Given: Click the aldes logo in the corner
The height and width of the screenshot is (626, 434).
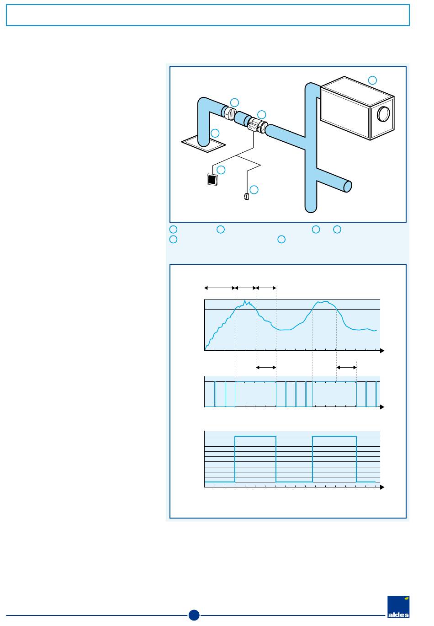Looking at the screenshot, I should (x=398, y=607).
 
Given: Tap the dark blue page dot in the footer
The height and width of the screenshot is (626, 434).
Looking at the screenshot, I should (x=194, y=615).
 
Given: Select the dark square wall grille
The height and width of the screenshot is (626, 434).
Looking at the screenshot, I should (x=211, y=179).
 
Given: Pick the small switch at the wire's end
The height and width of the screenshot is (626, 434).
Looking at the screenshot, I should (x=246, y=197).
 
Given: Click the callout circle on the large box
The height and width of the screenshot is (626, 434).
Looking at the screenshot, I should (x=373, y=80).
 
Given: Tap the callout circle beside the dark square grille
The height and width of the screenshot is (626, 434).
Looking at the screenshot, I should (x=222, y=170).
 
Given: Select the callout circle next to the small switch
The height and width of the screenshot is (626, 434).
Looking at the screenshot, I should (x=254, y=190).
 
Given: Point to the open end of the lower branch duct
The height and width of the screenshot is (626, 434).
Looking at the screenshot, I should (x=348, y=186).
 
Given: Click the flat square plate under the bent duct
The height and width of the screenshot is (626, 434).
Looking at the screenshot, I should (x=203, y=144).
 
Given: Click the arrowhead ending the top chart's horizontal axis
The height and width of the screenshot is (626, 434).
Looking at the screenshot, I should (x=382, y=351).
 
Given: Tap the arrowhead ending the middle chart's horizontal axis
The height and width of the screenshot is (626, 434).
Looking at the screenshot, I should (x=382, y=407).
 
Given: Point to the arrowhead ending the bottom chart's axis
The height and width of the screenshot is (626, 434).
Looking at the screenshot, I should (x=382, y=488).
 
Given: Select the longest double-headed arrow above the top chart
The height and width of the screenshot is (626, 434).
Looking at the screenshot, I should (x=219, y=288).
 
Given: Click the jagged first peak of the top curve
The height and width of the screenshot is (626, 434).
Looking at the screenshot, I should (x=245, y=302).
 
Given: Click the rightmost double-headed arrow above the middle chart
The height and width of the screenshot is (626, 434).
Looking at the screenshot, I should (x=346, y=367).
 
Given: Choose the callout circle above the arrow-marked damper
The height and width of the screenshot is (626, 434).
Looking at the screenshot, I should (x=234, y=102).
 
